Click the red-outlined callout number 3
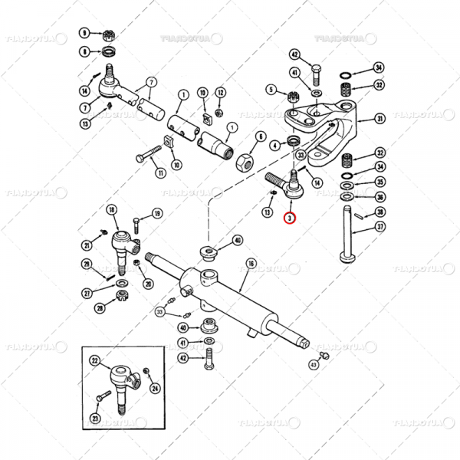point(289,219)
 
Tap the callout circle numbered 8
point(84,51)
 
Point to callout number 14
point(84,90)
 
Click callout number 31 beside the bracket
point(379,118)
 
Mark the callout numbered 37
point(380,227)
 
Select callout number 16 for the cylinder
point(250,264)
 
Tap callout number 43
point(314,365)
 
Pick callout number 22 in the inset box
point(95,360)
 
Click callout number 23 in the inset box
point(95,418)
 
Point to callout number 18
point(112,209)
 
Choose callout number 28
point(100,308)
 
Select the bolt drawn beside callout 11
point(149,158)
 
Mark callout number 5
point(271,90)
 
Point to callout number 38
point(380,212)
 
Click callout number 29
point(87,264)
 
